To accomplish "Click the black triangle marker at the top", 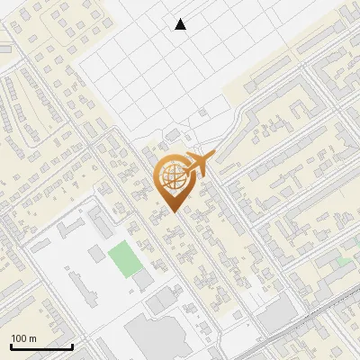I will [x=181, y=24].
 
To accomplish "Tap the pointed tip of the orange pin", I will [x=172, y=211].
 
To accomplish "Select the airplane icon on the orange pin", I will [x=196, y=166].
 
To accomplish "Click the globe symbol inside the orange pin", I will [x=171, y=178].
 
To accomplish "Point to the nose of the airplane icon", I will [x=212, y=156].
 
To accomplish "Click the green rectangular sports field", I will [x=123, y=258].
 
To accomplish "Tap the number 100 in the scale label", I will [x=19, y=338].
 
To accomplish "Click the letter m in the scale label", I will [x=32, y=338].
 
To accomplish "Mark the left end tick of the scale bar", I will [x=11, y=346].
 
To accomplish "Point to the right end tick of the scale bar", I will [x=72, y=346].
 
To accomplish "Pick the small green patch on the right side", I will [x=345, y=262].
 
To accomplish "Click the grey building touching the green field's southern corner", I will [x=142, y=281].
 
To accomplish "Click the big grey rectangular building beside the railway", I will [x=278, y=314].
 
